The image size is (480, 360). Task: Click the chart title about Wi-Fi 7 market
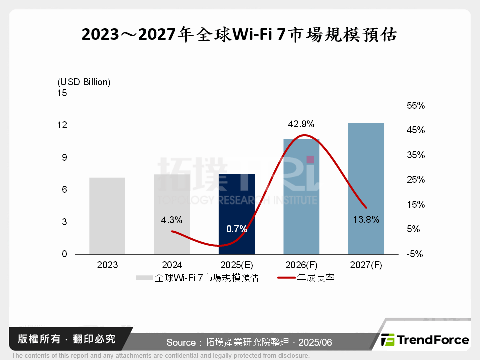[x=239, y=35]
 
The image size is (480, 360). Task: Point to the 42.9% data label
[x=301, y=124]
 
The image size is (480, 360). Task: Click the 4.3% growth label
[x=172, y=219]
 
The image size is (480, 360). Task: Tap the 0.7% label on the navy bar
[x=237, y=229]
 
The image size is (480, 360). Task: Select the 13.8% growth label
[x=366, y=219]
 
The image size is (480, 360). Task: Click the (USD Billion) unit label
[x=84, y=82]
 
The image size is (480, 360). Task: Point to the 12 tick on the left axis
[x=62, y=125]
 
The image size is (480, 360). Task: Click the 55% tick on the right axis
[x=415, y=106]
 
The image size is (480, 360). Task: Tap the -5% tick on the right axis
[x=415, y=254]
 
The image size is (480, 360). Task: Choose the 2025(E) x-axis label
[x=237, y=265]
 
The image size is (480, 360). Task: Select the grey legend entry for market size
[x=197, y=278]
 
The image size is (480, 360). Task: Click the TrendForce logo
[x=425, y=340]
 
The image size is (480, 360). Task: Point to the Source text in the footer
[x=249, y=342]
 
